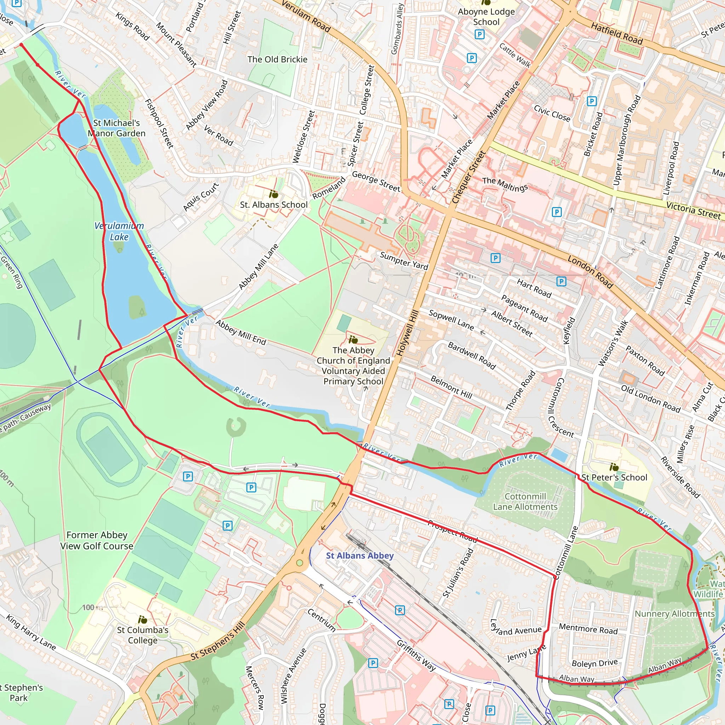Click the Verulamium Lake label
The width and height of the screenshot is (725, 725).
119,231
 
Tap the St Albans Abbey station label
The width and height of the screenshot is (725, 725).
360,555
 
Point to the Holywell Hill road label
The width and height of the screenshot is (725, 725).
407,333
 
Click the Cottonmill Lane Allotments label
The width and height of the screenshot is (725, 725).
525,502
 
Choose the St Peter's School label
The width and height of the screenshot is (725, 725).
614,477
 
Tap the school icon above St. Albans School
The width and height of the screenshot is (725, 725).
274,194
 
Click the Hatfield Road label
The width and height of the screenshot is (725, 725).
617,33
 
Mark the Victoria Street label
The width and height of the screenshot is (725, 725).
693,210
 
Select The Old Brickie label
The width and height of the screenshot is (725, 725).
277,59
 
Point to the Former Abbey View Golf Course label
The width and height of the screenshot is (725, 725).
97,540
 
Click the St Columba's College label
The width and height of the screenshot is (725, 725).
143,635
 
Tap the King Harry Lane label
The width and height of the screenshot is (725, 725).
31,632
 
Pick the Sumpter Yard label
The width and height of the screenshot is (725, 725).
404,261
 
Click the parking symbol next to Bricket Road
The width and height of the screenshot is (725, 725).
592,101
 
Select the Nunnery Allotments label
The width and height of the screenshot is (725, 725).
674,613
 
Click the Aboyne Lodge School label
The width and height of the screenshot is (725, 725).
486,17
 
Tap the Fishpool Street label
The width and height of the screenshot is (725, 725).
160,124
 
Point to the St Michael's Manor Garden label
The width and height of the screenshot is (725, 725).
116,128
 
